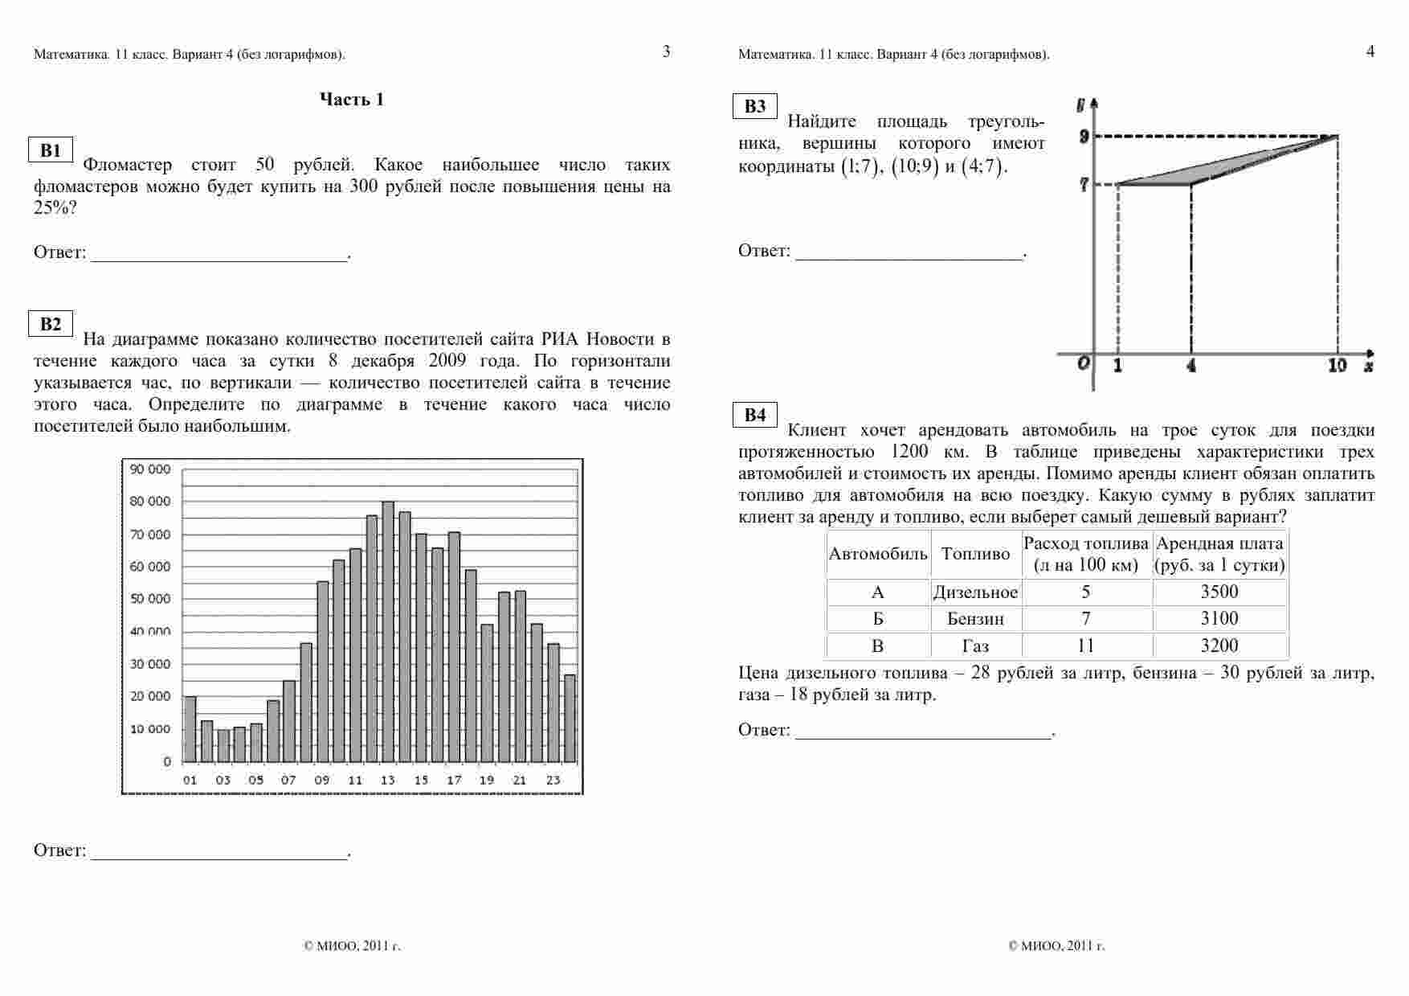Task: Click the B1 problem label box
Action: click(51, 150)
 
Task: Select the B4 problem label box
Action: click(755, 415)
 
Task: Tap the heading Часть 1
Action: click(352, 100)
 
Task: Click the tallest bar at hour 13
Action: click(388, 632)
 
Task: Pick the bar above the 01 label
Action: click(190, 729)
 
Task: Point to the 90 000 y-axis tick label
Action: click(151, 469)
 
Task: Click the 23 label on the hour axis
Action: click(553, 780)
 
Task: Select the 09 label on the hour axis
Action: click(322, 780)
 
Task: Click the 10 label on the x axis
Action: click(1337, 366)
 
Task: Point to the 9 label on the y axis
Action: click(1084, 137)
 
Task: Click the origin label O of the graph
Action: click(1083, 363)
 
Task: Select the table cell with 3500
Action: click(1219, 592)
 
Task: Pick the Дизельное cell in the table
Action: click(975, 592)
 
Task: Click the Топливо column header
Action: click(975, 554)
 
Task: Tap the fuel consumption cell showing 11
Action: click(1086, 646)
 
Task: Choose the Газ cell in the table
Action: click(975, 646)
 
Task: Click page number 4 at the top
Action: click(1370, 51)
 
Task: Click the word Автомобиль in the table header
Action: click(878, 554)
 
